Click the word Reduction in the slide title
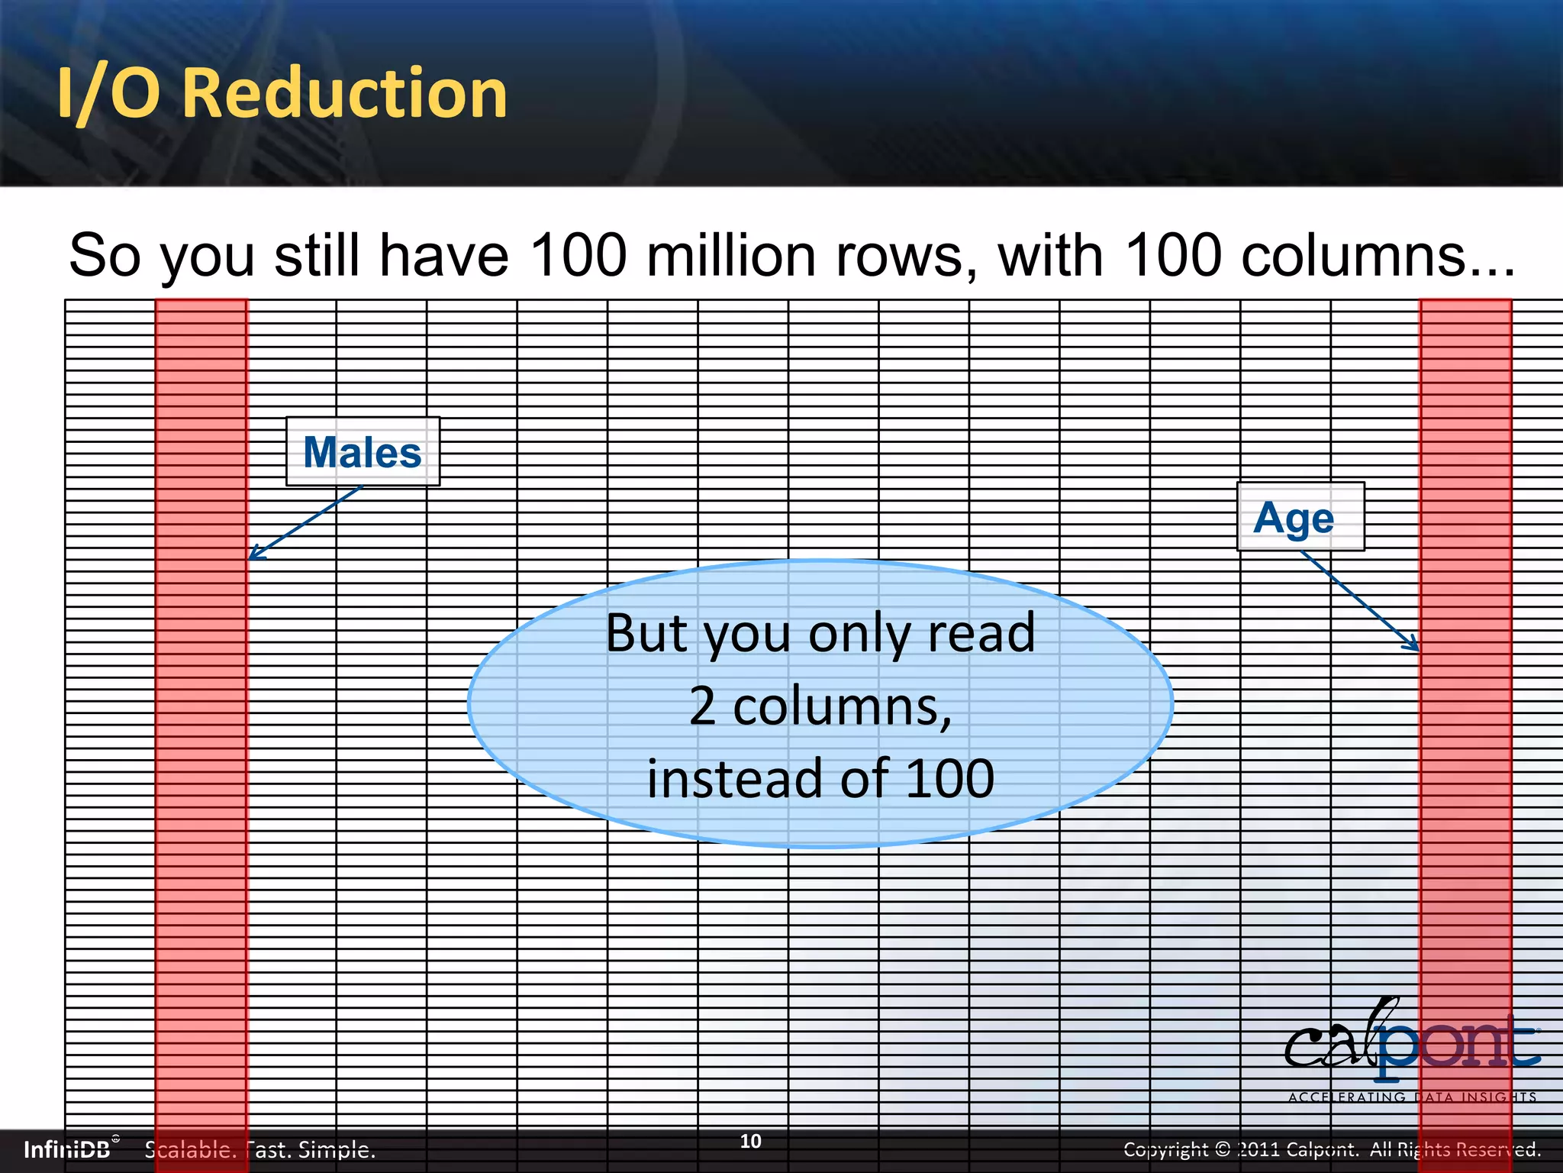[x=345, y=93]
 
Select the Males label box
[x=363, y=451]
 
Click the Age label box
[x=1300, y=517]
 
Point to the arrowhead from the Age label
[x=1414, y=645]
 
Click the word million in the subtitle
[x=732, y=255]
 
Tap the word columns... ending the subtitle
[x=1378, y=255]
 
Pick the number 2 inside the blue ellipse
[x=703, y=706]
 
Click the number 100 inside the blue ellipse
[x=949, y=778]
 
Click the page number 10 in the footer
[x=750, y=1141]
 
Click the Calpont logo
[x=1412, y=1042]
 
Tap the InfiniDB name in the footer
[x=67, y=1149]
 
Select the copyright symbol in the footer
[x=1222, y=1149]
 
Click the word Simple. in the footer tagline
[x=336, y=1149]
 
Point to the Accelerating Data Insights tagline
[x=1412, y=1097]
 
